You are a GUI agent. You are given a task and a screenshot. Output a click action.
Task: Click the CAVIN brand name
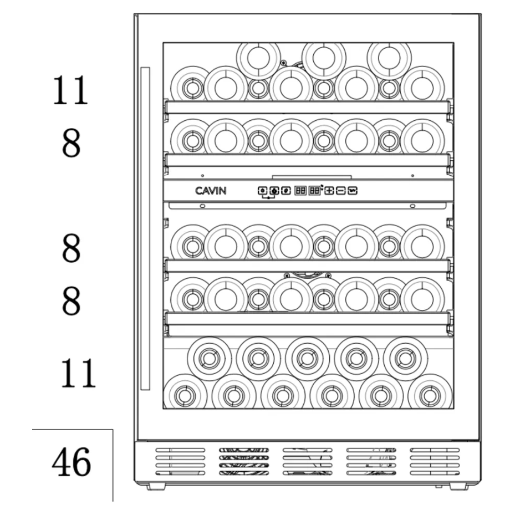(x=211, y=191)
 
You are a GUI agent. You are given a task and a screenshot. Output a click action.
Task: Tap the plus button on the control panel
(x=329, y=191)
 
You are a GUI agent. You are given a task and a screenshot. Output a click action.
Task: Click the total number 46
(x=72, y=462)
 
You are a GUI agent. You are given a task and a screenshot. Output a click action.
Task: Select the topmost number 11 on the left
(x=70, y=90)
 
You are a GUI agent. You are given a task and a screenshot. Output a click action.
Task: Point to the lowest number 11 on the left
(x=78, y=373)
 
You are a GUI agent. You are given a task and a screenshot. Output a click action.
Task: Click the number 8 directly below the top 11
(x=71, y=144)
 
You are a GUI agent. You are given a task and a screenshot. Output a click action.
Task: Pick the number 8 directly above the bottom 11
(x=71, y=301)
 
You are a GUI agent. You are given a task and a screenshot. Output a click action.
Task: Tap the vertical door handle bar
(x=145, y=228)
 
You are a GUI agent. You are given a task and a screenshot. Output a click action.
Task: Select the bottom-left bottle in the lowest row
(x=185, y=395)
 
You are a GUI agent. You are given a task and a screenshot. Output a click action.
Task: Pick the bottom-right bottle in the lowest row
(x=429, y=395)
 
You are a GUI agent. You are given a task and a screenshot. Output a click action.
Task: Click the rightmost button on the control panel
(x=352, y=191)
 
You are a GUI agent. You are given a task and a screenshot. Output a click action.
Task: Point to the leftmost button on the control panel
(x=262, y=191)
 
